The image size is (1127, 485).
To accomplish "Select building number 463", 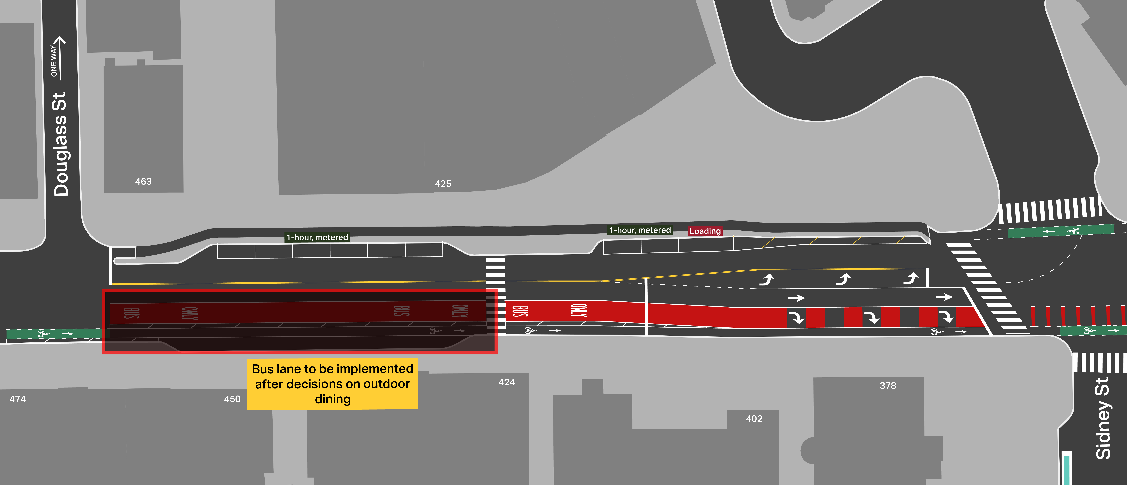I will (x=143, y=181).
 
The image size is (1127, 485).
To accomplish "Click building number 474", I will (x=17, y=399).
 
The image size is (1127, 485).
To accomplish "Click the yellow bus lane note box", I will (x=333, y=384).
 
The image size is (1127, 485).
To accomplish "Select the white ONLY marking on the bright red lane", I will (x=578, y=310).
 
